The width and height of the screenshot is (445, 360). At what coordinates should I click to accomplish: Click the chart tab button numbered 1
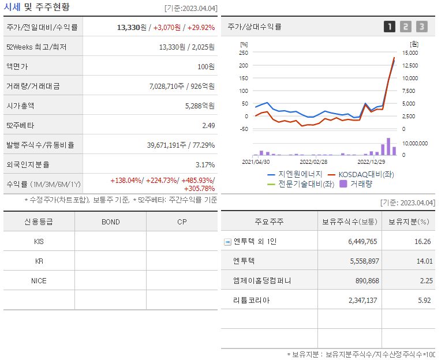[x=390, y=27]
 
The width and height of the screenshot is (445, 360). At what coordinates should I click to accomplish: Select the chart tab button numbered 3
[x=422, y=27]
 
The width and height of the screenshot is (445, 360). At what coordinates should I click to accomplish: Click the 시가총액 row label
[x=20, y=106]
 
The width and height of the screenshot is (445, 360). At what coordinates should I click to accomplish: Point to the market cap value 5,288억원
[x=200, y=106]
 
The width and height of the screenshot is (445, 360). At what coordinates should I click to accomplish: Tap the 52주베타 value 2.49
[x=208, y=125]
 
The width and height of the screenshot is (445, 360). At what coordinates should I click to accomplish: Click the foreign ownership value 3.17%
[x=205, y=164]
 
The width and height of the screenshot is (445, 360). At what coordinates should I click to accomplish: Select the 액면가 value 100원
[x=205, y=66]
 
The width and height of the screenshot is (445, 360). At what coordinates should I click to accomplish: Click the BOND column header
[x=110, y=222]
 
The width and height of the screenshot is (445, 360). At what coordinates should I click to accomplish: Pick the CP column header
[x=182, y=222]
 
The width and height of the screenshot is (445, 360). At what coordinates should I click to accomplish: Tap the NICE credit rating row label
[x=39, y=281]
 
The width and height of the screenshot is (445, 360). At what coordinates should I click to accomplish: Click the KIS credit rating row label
[x=39, y=242]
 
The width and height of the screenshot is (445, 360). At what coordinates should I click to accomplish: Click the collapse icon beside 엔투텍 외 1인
[x=227, y=242]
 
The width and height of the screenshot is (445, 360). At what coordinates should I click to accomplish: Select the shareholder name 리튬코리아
[x=252, y=301]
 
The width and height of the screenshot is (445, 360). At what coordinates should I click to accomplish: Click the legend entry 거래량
[x=361, y=184]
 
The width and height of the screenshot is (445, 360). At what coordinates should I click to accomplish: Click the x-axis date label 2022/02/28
[x=313, y=162]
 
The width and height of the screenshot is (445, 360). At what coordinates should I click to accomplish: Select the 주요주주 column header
[x=269, y=222]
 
